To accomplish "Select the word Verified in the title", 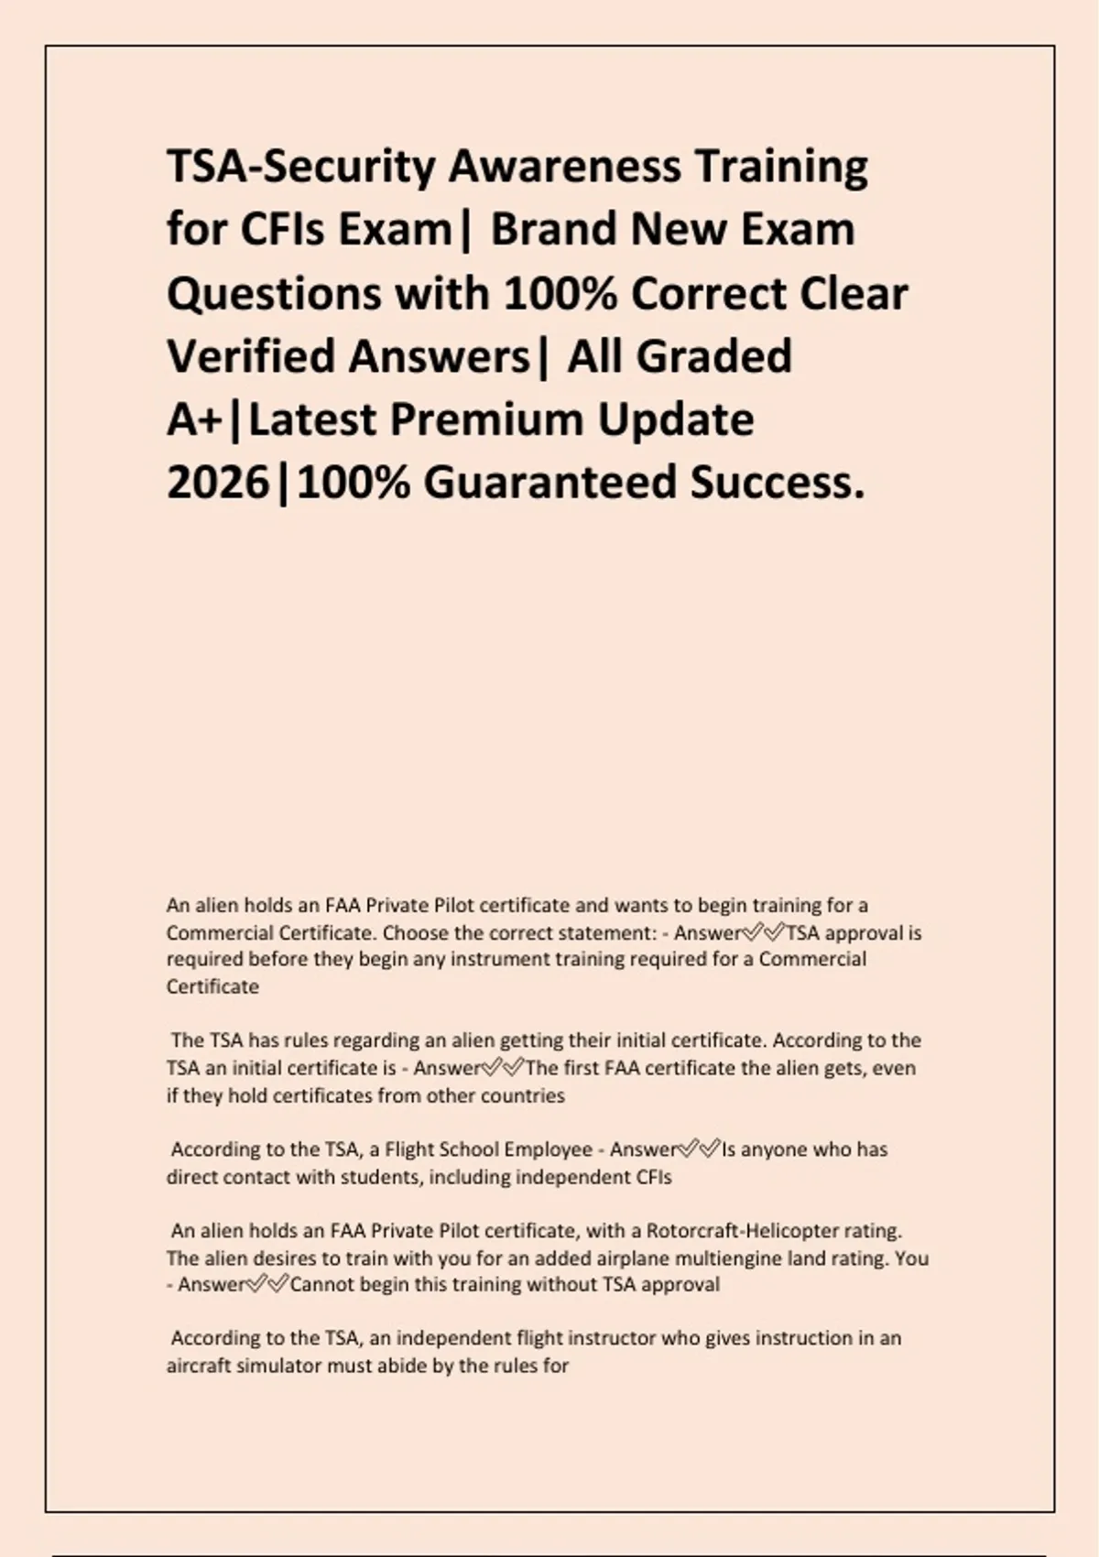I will pyautogui.click(x=250, y=356).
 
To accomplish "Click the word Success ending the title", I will pyautogui.click(x=778, y=483).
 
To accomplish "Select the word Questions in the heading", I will pyautogui.click(x=274, y=294).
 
